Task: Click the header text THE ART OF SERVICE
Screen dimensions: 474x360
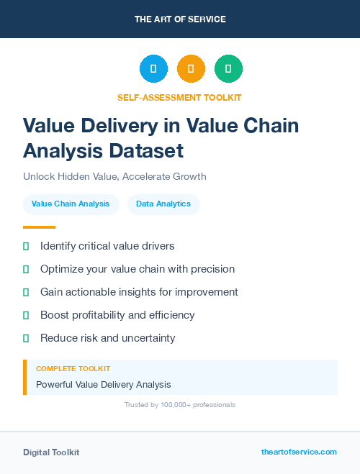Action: point(180,19)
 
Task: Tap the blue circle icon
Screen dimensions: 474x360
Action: point(153,69)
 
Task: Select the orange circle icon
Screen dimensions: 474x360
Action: point(191,69)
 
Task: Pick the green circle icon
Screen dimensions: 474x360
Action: point(228,69)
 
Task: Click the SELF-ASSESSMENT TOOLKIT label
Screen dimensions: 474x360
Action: point(179,97)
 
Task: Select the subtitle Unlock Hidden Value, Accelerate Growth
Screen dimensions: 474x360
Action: point(114,176)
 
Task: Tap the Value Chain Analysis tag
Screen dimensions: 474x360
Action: point(71,204)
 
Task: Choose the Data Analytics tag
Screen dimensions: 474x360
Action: point(163,204)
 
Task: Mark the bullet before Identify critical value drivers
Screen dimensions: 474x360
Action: point(26,247)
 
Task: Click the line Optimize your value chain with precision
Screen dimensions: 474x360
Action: point(138,269)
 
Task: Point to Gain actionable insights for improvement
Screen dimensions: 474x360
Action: point(139,292)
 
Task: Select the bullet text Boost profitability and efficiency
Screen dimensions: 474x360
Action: point(117,315)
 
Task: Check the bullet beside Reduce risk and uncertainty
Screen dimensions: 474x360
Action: point(26,338)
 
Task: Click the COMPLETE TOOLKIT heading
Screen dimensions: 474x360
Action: point(73,368)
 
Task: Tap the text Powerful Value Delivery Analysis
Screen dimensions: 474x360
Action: point(104,385)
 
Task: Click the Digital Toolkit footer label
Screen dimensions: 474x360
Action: point(51,452)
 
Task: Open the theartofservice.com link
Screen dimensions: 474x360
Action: point(299,452)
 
